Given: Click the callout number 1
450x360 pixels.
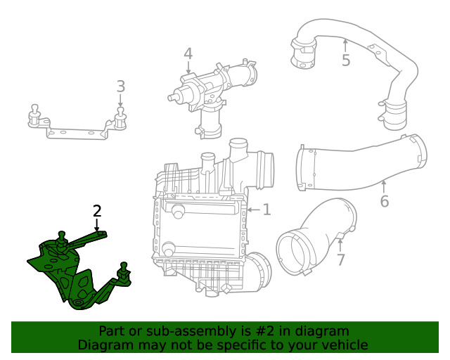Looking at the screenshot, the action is (266, 209).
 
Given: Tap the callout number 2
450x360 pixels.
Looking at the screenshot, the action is (97, 210).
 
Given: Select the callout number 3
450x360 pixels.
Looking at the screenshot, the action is (121, 86).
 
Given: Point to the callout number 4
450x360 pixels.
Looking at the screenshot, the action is (188, 53).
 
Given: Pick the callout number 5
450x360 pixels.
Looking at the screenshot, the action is (345, 60).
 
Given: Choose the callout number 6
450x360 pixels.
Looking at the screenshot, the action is (384, 201).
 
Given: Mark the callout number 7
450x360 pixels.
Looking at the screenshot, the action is (340, 260).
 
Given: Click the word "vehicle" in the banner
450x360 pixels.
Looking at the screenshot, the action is (343, 345).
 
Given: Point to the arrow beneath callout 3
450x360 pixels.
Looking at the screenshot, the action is (121, 102).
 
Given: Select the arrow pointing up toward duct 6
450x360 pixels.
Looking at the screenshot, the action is (384, 186).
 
